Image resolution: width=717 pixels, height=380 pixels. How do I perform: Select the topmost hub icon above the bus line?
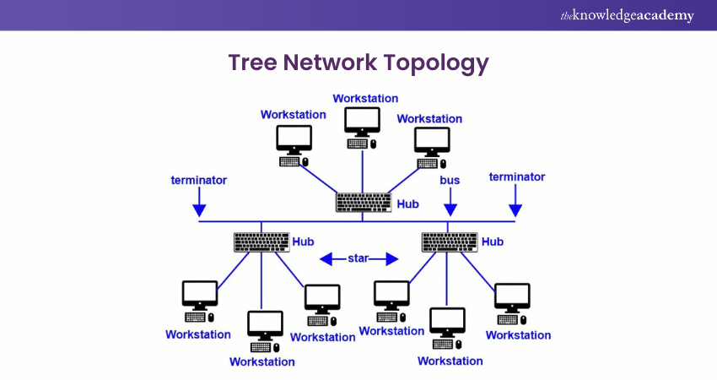tap(364, 203)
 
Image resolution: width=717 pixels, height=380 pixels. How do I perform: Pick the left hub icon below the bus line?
tap(261, 242)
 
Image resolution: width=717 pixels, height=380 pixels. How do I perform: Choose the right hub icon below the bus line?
tap(449, 242)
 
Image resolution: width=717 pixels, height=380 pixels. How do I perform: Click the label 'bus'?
tap(450, 181)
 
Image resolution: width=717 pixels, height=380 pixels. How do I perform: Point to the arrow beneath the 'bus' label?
tap(450, 204)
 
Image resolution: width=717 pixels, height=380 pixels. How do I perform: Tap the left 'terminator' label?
tap(198, 180)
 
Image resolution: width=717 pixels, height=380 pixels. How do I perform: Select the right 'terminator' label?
tap(517, 177)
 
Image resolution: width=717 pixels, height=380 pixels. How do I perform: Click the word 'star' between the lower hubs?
tap(358, 258)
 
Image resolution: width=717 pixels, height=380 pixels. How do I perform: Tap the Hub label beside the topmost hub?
tap(407, 204)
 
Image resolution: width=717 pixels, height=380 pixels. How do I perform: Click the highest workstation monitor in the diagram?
tap(363, 121)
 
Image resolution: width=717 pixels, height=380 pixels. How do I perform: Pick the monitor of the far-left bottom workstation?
tap(200, 295)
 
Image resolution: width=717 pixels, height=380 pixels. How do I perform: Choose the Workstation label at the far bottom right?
tap(518, 335)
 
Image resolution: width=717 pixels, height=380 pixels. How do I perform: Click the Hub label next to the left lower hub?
tap(303, 242)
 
